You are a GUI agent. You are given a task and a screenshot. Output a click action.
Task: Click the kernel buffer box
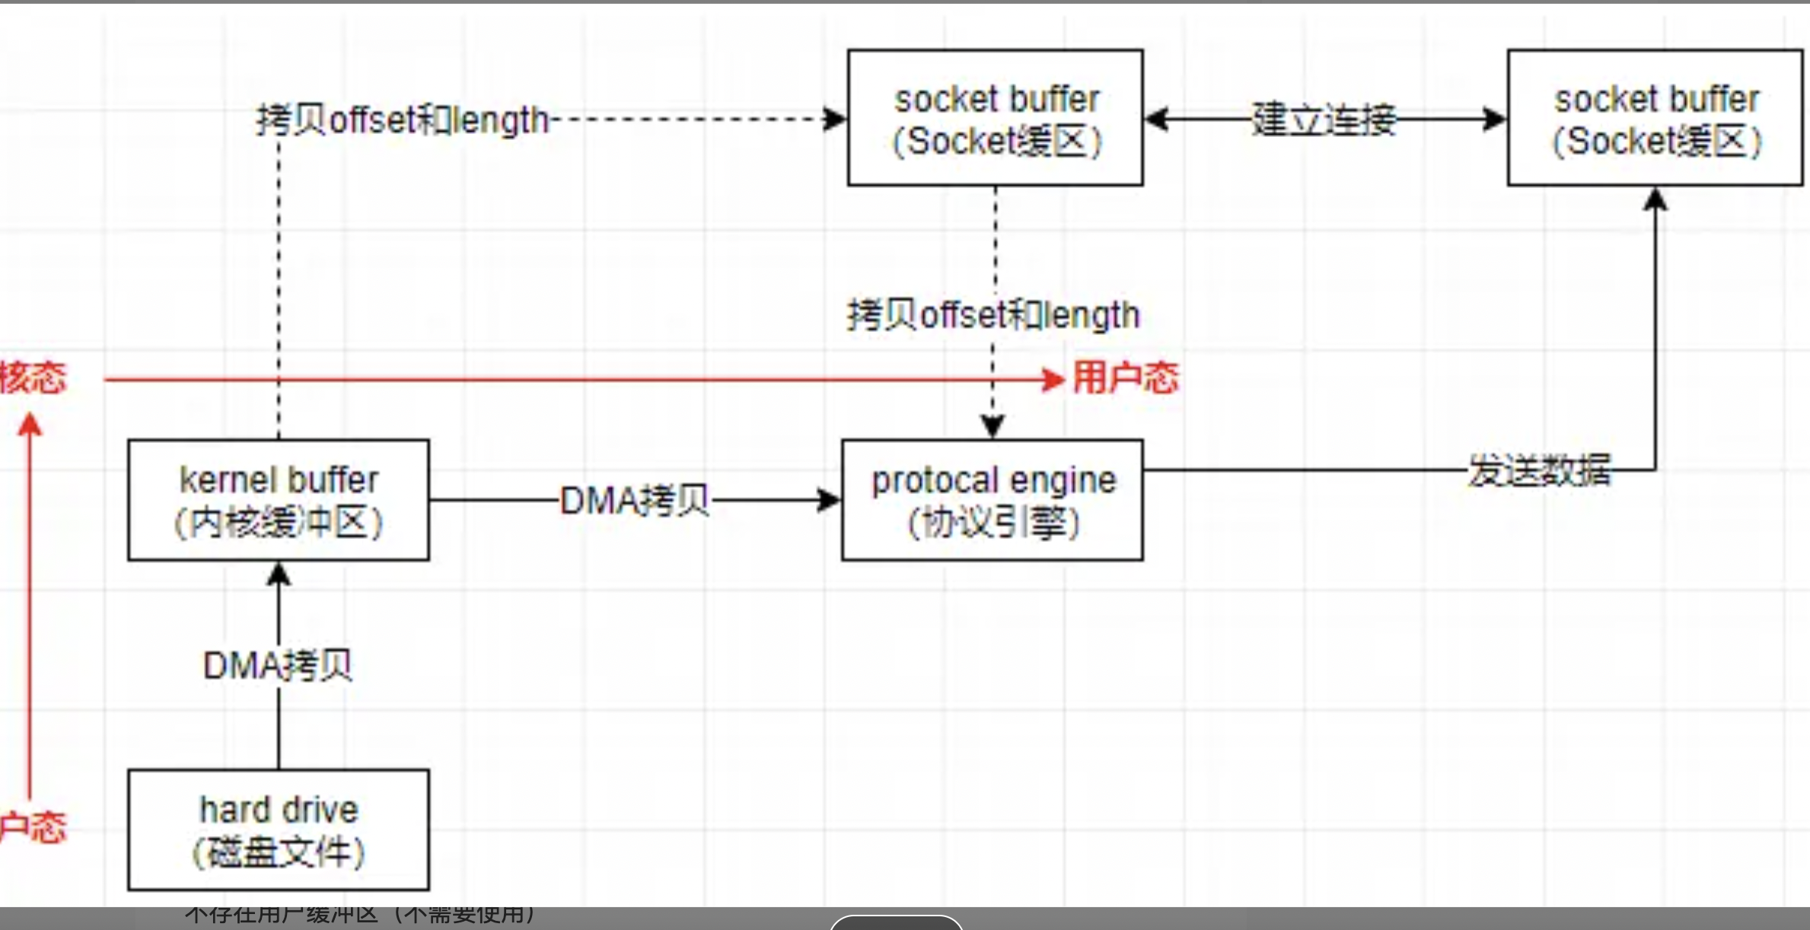(279, 500)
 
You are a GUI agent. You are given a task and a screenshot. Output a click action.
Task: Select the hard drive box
(279, 830)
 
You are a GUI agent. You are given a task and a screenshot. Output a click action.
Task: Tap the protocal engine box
(993, 500)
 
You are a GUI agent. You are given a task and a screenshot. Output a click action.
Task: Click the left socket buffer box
(996, 118)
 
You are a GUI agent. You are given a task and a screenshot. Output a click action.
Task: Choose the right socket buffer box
(1655, 118)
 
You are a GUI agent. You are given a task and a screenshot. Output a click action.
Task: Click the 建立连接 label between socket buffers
(1324, 119)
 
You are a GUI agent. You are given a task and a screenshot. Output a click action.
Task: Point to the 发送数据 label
(1539, 471)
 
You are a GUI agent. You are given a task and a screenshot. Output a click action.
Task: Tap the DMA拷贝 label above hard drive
(278, 666)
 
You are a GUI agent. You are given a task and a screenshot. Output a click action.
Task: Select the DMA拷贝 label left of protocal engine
(635, 501)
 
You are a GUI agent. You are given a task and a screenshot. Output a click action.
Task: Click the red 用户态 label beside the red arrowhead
(1126, 377)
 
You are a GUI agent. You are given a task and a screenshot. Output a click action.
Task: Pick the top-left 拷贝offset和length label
(403, 120)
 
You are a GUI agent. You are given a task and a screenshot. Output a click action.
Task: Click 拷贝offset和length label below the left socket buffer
(993, 315)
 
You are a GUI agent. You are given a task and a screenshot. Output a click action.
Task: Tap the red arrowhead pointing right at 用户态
(1055, 379)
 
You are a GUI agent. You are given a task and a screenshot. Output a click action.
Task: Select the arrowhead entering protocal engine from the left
(829, 500)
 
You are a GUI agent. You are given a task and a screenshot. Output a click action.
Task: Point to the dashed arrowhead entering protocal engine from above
(993, 426)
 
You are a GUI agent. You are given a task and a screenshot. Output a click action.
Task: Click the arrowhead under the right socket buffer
(1655, 199)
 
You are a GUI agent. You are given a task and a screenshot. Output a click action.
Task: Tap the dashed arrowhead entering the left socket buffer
(835, 119)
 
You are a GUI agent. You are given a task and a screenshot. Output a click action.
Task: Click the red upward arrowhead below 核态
(30, 425)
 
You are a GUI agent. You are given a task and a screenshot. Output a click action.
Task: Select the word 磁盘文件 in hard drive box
(279, 852)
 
